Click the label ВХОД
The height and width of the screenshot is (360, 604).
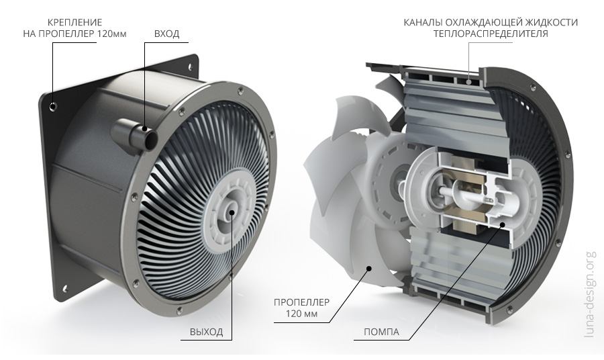(167, 34)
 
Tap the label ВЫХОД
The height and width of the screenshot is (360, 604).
(206, 332)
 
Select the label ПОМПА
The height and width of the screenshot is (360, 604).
(381, 332)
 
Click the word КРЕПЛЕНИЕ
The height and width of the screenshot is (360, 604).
(75, 22)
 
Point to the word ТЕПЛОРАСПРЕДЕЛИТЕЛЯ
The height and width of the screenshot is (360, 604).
(491, 34)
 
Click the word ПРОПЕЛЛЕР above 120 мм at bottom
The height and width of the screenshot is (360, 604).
(301, 302)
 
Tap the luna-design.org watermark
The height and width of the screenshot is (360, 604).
(590, 294)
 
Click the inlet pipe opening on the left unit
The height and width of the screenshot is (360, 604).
(150, 139)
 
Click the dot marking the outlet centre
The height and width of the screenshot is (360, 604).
(232, 211)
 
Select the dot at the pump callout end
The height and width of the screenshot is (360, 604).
(502, 224)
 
